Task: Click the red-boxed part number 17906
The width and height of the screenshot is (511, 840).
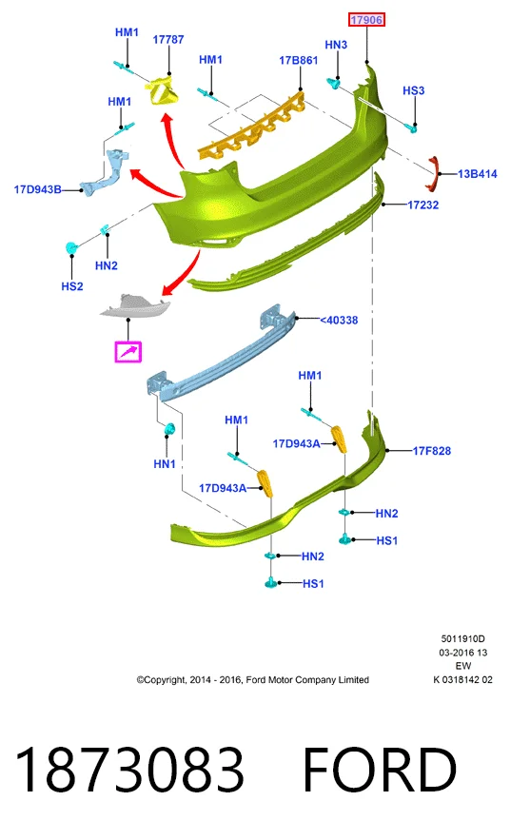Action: coord(366,20)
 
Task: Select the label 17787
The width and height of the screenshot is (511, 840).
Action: coord(168,40)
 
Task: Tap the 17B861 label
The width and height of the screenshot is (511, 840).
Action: coord(299,61)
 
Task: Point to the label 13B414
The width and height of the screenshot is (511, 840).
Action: coord(478,173)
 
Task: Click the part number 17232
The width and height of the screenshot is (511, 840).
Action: coord(423,205)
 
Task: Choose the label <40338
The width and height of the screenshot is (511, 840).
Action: coord(339,320)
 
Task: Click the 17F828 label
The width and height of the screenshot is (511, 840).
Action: coord(432,451)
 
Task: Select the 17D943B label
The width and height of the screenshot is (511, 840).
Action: coord(37,189)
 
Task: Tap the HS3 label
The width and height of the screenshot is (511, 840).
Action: coord(414,90)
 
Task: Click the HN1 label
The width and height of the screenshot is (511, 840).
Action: coord(165,464)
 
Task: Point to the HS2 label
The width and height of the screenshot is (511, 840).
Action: coord(72,286)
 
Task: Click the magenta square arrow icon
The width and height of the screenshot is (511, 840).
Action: coord(128,352)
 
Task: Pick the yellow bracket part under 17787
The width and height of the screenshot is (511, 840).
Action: coord(163,90)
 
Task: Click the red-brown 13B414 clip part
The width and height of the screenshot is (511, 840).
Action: coord(433,173)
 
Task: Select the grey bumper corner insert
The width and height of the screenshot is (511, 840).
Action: coord(135,306)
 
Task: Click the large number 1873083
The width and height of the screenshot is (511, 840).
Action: coord(129,770)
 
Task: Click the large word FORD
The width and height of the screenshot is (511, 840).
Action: coord(380,770)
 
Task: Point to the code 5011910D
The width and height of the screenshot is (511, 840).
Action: coord(462,638)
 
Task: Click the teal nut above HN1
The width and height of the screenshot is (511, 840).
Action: coord(169,429)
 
